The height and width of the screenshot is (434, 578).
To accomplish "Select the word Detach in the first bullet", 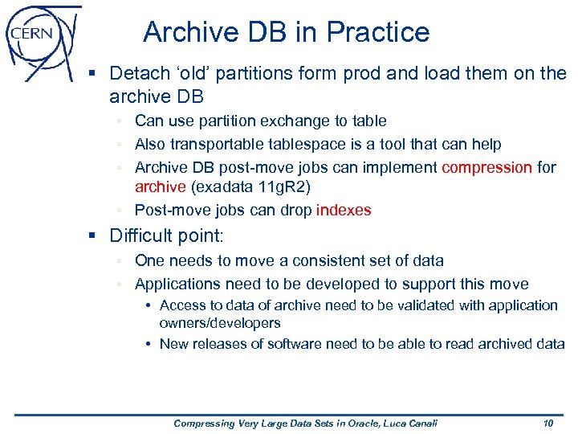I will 136,74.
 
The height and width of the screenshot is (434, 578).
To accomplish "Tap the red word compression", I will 487,167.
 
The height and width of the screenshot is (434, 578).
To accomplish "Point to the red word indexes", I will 344,211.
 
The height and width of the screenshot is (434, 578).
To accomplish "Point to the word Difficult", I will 140,235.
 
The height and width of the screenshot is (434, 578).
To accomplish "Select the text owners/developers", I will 220,323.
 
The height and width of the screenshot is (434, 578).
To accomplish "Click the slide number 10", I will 547,424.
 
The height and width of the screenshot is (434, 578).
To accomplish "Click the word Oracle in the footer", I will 343,424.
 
